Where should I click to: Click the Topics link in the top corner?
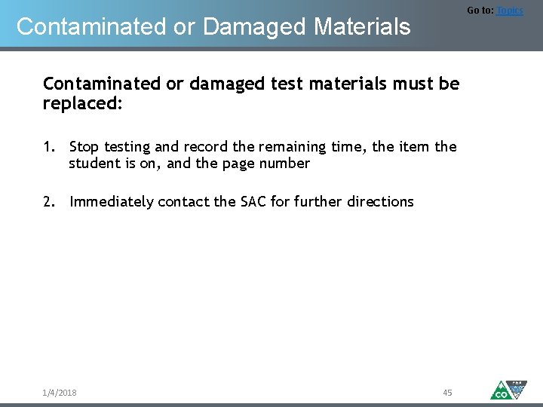pyautogui.click(x=509, y=11)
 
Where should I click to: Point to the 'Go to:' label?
pyautogui.click(x=480, y=11)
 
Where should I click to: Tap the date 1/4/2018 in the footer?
pyautogui.click(x=60, y=393)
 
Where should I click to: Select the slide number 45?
pyautogui.click(x=447, y=393)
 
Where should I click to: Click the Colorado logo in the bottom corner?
pyautogui.click(x=508, y=389)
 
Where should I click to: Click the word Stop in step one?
pyautogui.click(x=84, y=146)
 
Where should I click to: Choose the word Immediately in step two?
pyautogui.click(x=112, y=202)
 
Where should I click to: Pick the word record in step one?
pyautogui.click(x=204, y=146)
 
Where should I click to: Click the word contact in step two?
pyautogui.click(x=185, y=201)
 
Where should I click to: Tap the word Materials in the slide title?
pyautogui.click(x=363, y=27)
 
